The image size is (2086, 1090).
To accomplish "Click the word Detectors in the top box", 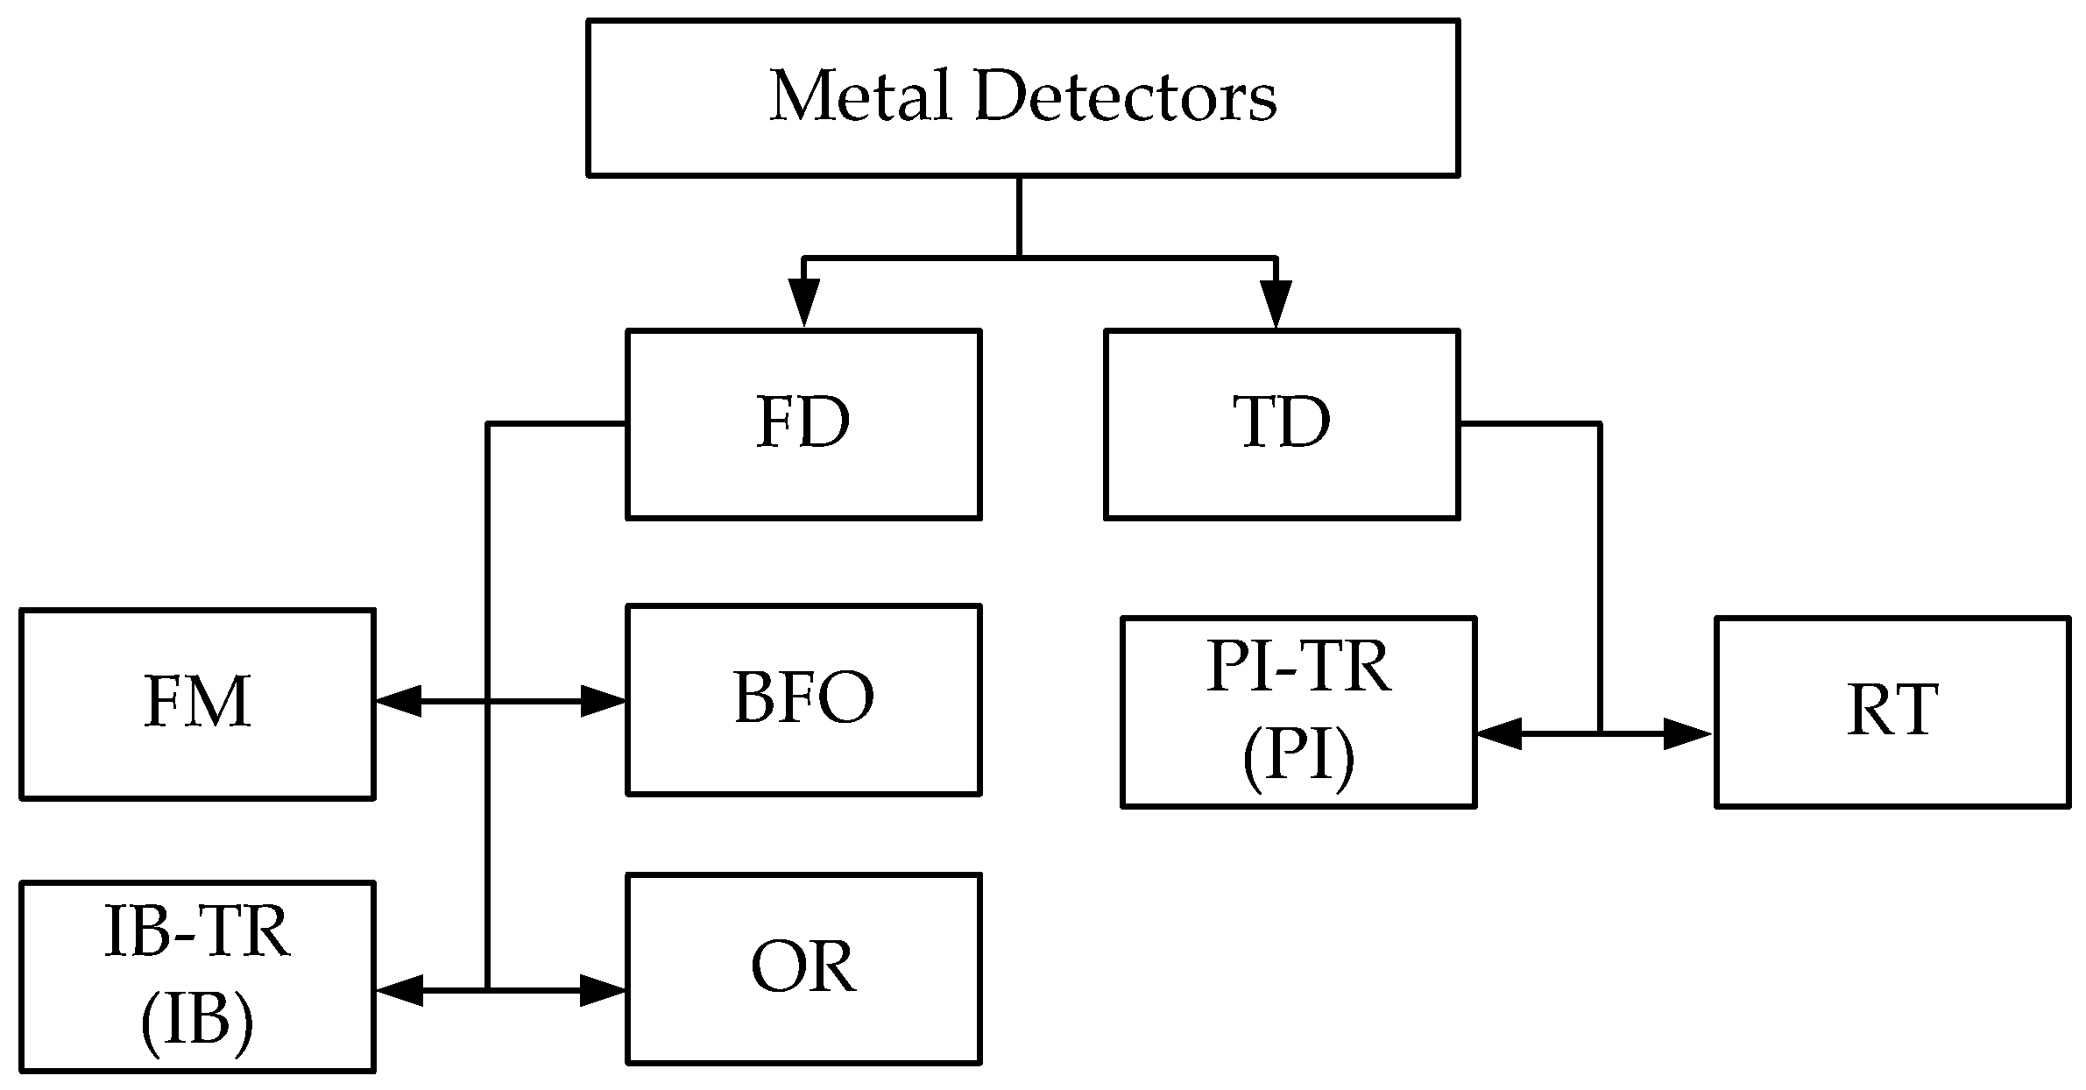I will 1125,96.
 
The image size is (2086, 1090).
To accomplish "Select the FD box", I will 803,424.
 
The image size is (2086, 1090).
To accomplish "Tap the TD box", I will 1281,424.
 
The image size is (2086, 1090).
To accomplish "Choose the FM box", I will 197,704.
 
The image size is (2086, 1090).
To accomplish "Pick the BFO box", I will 803,699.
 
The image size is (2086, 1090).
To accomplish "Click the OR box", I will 803,968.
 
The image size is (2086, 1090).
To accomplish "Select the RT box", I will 1892,711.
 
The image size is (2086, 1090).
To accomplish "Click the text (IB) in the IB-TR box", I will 197,1021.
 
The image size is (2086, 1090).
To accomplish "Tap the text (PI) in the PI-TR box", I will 1298,758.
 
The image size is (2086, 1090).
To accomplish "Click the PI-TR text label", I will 1298,669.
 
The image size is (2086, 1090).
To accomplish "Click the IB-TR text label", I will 197,933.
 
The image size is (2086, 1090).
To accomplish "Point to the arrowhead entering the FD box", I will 803,302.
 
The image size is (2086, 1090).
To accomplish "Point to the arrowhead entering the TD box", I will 1276,302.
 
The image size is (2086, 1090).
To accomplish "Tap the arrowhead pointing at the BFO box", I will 604,701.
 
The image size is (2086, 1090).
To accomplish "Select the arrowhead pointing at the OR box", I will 604,990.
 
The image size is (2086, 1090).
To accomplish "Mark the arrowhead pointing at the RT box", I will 1687,733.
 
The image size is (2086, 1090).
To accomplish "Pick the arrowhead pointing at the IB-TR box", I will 400,990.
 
